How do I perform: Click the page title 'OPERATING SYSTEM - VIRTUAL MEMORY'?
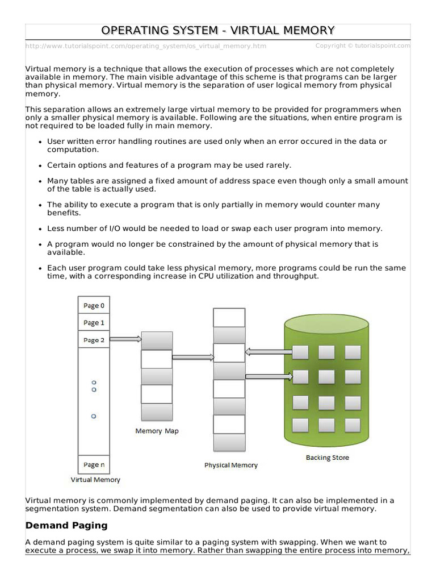[218, 30]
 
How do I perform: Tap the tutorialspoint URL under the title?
[146, 46]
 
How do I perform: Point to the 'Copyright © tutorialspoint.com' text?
[363, 45]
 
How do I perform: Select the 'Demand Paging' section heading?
[66, 525]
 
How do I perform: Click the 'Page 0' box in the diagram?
[94, 305]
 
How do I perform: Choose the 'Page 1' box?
[94, 323]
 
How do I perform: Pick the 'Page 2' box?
[94, 340]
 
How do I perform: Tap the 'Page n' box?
[94, 464]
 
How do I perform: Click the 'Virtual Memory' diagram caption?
[95, 480]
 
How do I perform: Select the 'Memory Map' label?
[157, 431]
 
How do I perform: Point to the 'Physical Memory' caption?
[230, 465]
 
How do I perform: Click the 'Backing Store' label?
[327, 457]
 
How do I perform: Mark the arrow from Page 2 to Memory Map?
[125, 339]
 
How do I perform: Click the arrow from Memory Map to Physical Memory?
[193, 357]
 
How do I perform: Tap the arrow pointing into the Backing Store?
[269, 376]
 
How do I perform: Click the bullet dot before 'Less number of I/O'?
[40, 229]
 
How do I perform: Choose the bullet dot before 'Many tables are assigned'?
[40, 181]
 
